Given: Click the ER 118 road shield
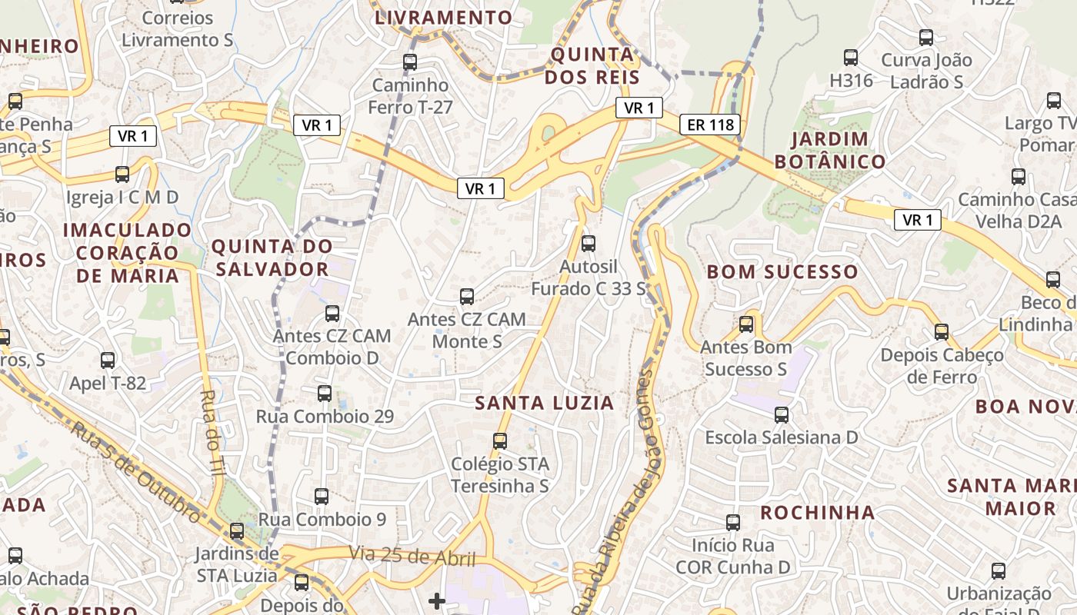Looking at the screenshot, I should [x=709, y=125].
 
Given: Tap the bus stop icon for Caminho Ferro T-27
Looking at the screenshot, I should [x=410, y=62].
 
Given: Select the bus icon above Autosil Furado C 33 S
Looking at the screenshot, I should [x=589, y=244].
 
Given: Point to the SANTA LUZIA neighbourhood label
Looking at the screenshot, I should [x=544, y=403].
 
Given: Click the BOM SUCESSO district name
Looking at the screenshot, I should [x=782, y=271].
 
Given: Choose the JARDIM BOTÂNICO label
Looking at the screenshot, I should [x=829, y=151].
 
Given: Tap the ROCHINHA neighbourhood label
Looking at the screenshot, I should [x=818, y=512].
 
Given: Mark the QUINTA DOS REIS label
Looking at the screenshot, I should [x=592, y=66].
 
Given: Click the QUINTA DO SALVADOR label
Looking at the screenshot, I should [x=272, y=258].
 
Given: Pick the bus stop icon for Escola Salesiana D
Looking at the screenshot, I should [x=782, y=415].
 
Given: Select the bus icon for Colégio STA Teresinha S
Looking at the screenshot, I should [x=500, y=441].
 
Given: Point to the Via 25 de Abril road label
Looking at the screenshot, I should [x=412, y=557].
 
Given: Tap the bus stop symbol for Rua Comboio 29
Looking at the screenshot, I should [x=325, y=394].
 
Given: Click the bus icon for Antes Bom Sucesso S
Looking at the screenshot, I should [x=746, y=324].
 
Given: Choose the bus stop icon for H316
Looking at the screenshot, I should [x=851, y=58].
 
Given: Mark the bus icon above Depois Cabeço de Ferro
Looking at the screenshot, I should [x=942, y=332].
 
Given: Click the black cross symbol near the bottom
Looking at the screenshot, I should [x=437, y=600].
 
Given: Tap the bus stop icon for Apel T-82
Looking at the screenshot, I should [x=108, y=361].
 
